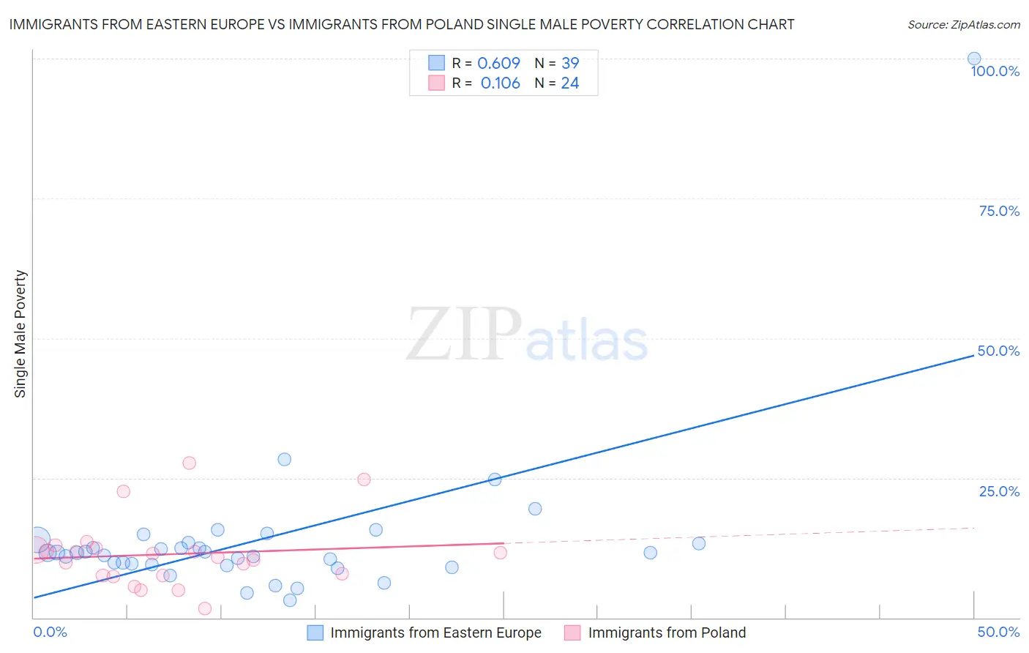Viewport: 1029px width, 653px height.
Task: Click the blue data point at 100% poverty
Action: (x=973, y=59)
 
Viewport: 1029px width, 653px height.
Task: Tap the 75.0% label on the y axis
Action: (x=999, y=211)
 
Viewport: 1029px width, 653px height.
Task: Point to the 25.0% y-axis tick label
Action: (x=999, y=491)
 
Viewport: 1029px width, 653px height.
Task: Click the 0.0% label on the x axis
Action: (x=50, y=632)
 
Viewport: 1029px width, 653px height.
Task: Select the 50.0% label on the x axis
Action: (x=998, y=632)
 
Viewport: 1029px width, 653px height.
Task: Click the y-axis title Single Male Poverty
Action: (x=20, y=334)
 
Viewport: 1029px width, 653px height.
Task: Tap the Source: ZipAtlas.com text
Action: (x=963, y=25)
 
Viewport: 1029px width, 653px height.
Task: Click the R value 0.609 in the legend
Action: (x=498, y=64)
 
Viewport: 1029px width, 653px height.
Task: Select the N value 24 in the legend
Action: (x=570, y=83)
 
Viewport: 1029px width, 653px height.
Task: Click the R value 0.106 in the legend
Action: (x=500, y=83)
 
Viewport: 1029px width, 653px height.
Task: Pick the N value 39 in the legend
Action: (x=570, y=64)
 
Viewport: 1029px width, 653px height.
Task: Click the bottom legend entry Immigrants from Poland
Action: (x=667, y=633)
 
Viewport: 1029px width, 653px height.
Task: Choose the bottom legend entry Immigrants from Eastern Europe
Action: (x=435, y=633)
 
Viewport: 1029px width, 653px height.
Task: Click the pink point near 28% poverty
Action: (x=189, y=463)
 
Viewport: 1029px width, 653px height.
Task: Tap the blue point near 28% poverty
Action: (x=284, y=459)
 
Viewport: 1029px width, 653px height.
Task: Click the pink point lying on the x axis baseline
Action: (x=205, y=608)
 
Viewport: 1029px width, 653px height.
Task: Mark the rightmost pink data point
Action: (x=500, y=552)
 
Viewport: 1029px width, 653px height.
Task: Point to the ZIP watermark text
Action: (x=463, y=335)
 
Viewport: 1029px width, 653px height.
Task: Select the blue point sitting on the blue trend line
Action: (x=495, y=480)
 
